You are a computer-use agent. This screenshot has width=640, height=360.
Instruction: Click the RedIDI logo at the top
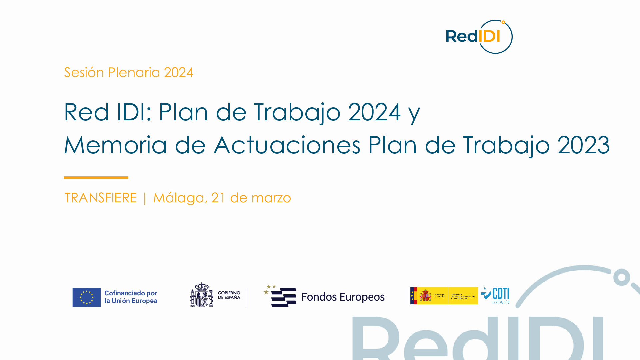click(x=479, y=37)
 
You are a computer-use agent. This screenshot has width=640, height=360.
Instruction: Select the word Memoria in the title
click(x=115, y=145)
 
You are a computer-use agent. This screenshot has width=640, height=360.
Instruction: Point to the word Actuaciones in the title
click(x=287, y=145)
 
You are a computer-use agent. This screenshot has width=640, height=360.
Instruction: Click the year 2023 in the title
click(x=583, y=145)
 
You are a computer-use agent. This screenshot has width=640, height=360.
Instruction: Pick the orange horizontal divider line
click(x=96, y=177)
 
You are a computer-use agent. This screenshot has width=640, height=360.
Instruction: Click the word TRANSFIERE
click(x=101, y=198)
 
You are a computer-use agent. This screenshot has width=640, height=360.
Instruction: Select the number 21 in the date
click(x=218, y=198)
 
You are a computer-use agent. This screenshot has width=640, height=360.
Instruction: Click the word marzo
click(x=271, y=198)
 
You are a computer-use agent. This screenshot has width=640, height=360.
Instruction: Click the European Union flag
click(x=87, y=297)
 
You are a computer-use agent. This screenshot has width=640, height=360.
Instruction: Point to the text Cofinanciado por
click(x=131, y=293)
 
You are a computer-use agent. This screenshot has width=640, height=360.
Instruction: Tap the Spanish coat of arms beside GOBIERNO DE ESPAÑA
click(x=202, y=295)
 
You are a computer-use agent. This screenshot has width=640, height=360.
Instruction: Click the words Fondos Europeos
click(x=343, y=297)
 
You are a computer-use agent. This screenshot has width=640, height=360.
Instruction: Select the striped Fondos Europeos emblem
click(x=282, y=296)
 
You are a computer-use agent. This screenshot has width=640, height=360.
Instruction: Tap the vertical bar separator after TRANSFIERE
click(x=145, y=198)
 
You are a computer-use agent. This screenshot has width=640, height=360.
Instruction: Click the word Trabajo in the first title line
click(x=297, y=112)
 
